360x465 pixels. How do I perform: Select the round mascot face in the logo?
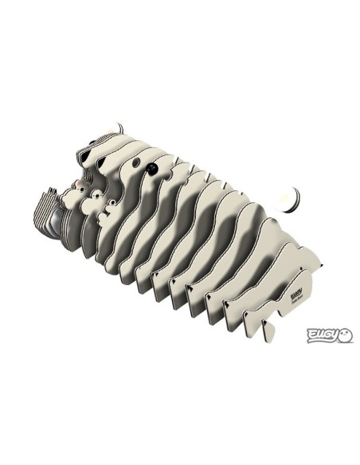[x=345, y=334]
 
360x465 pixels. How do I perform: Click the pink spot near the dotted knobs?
[x=81, y=190]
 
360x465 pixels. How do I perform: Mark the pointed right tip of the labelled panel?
[x=320, y=266]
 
